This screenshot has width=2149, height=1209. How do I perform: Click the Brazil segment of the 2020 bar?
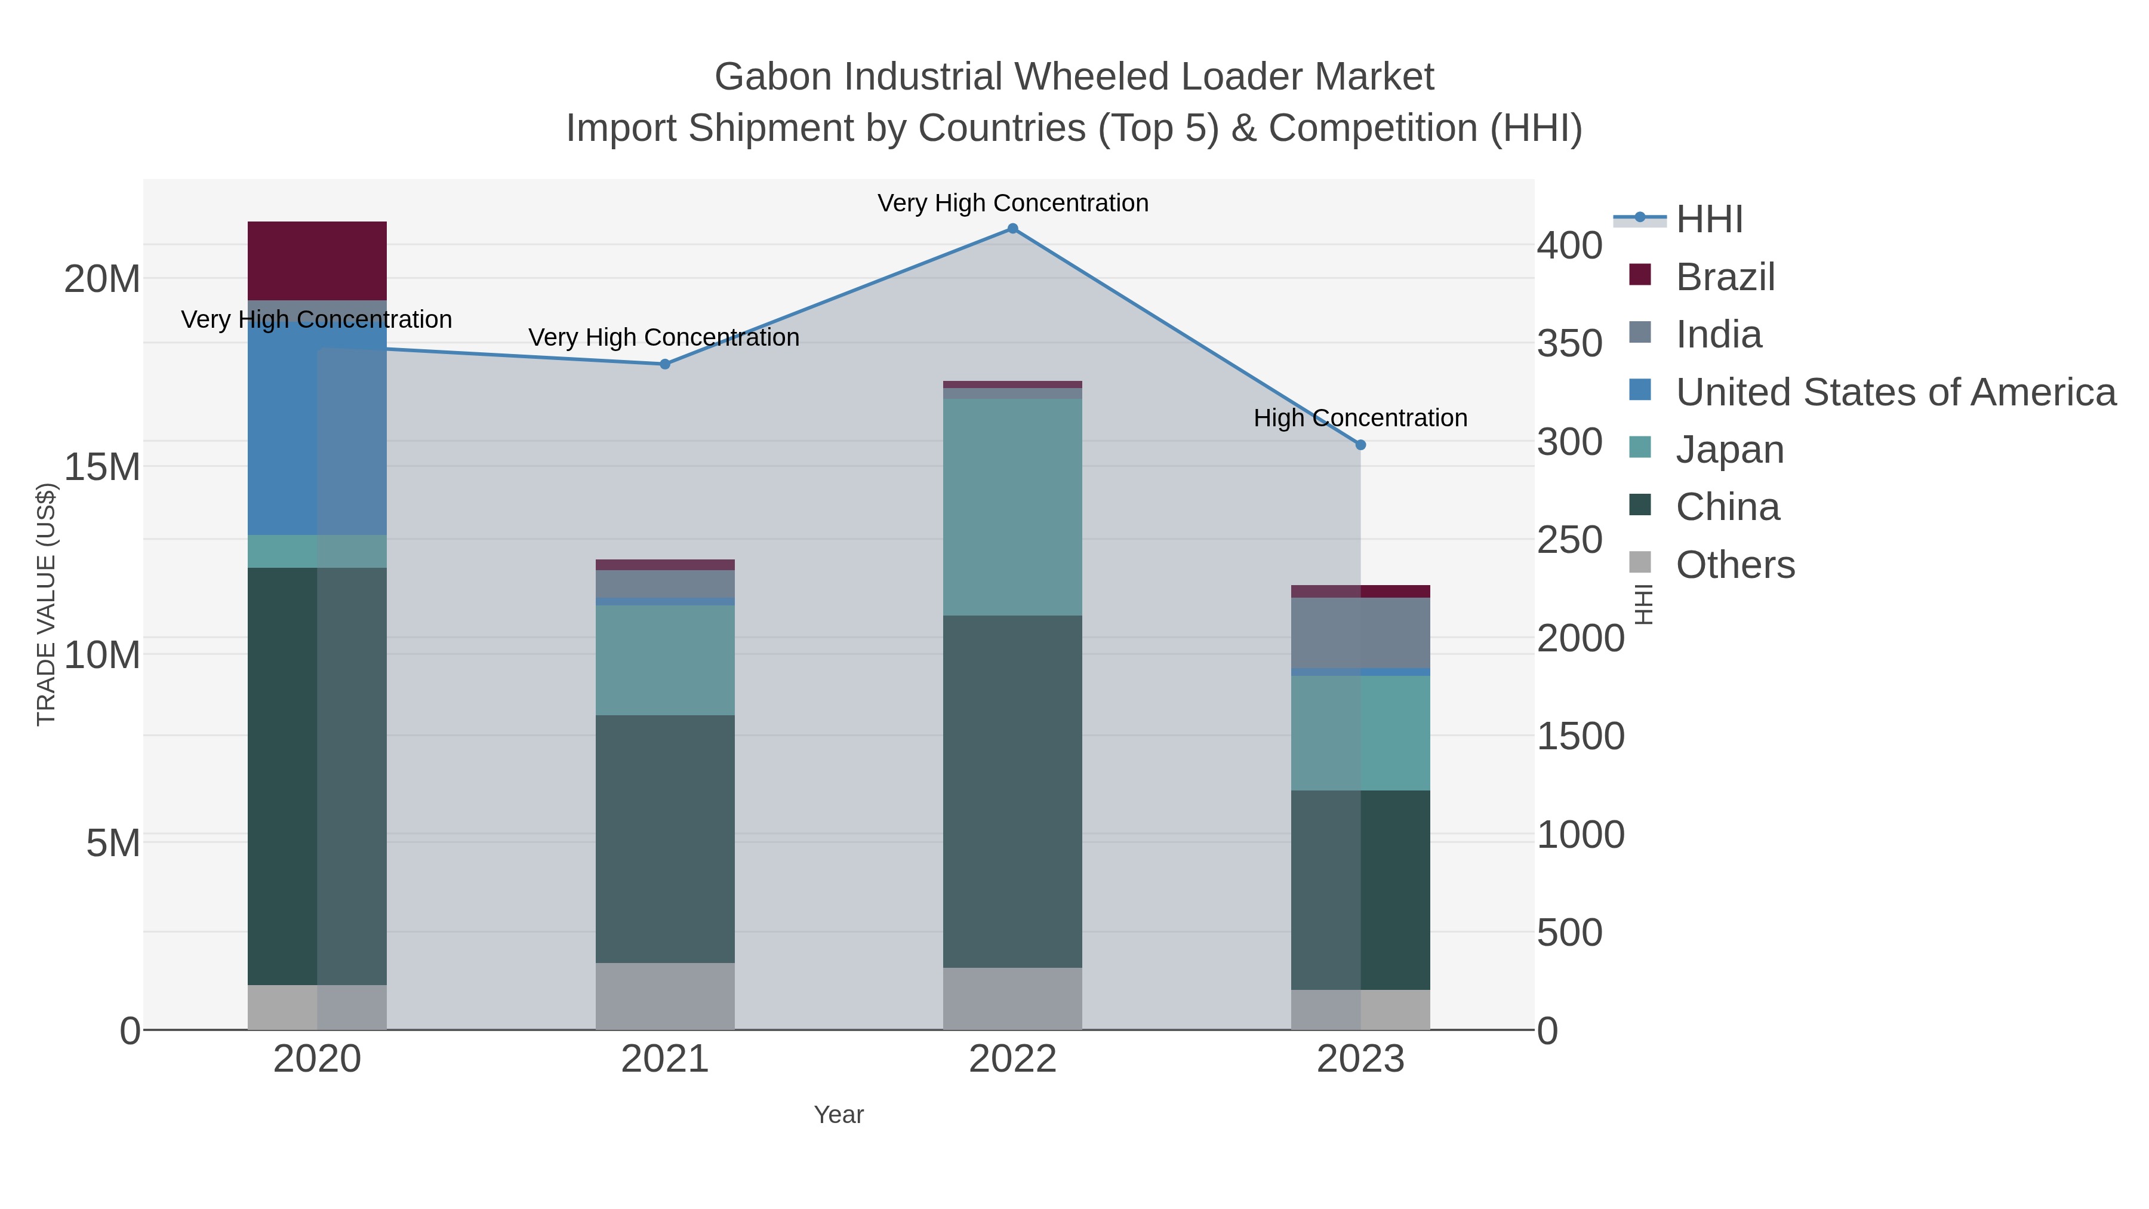(x=317, y=260)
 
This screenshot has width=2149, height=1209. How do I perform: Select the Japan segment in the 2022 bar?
(x=1012, y=506)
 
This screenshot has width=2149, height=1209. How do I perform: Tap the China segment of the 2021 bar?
(x=665, y=839)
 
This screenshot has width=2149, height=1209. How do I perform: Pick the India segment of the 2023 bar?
(x=1360, y=632)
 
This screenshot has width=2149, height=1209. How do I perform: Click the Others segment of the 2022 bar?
(x=1012, y=999)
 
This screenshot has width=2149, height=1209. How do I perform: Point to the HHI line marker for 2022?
(x=1012, y=229)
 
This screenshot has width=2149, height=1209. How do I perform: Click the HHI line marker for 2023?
(x=1360, y=445)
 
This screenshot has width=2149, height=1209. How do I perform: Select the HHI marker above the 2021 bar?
(x=665, y=364)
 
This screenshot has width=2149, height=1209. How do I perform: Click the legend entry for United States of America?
(x=1894, y=392)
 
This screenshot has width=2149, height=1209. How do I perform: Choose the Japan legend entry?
(x=1729, y=450)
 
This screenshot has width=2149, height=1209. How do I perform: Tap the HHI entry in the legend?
(x=1708, y=220)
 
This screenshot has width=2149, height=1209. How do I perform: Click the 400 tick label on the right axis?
(x=1569, y=246)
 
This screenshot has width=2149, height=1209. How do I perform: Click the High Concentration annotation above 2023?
(x=1360, y=418)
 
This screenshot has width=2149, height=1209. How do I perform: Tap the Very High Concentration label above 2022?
(x=1012, y=203)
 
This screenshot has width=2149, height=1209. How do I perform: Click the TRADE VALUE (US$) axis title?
(x=47, y=604)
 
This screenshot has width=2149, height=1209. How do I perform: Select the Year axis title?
(x=839, y=1115)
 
